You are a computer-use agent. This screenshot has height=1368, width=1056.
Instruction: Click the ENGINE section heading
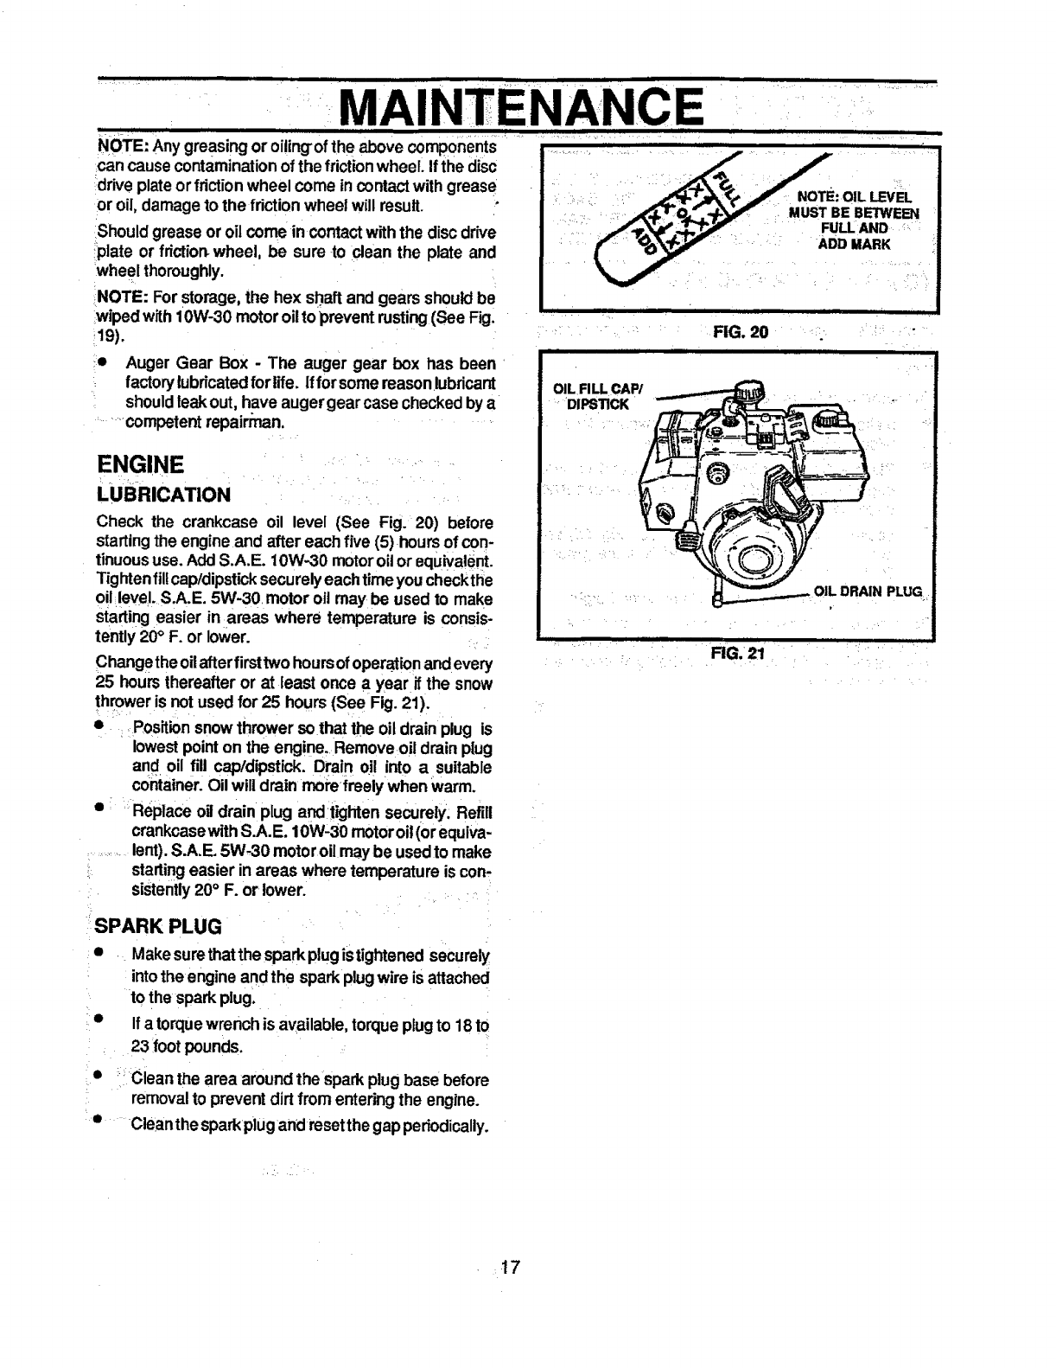(x=139, y=464)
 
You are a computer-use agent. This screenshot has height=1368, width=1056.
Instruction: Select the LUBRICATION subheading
(x=163, y=495)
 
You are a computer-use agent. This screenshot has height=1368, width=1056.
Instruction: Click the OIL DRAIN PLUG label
(x=868, y=592)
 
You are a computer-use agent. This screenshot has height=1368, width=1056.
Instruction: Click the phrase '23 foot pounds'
(x=187, y=1046)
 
